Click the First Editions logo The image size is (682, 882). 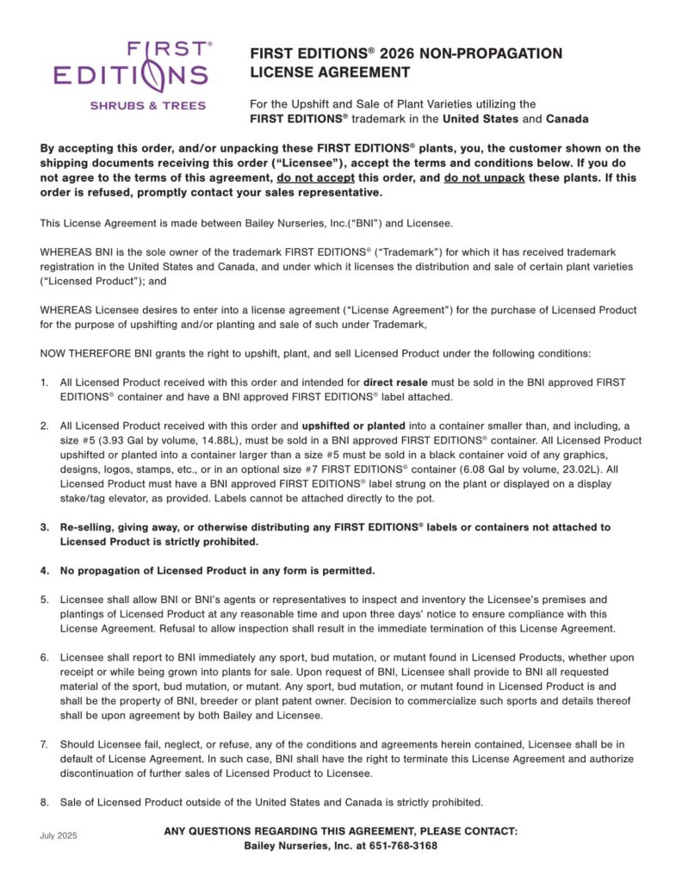(131, 65)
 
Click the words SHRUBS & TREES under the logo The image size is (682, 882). (148, 106)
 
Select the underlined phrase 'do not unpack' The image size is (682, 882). (486, 178)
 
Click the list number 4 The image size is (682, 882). (45, 571)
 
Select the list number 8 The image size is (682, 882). (45, 802)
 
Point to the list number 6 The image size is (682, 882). (45, 657)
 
